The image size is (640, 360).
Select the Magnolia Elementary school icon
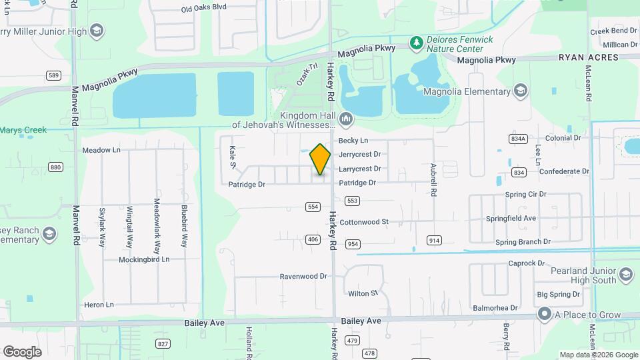click(520, 91)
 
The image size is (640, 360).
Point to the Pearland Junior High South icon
click(625, 275)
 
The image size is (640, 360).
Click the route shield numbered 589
click(54, 75)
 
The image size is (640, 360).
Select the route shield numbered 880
click(55, 167)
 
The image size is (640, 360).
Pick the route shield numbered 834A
click(517, 139)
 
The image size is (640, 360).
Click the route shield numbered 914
click(434, 240)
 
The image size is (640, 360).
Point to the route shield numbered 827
click(163, 343)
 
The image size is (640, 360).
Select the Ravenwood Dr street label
click(303, 276)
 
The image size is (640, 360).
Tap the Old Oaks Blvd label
click(204, 8)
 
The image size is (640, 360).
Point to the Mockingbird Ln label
click(145, 259)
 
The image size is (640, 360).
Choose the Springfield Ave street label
click(530, 218)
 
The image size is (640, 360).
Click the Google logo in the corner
click(22, 351)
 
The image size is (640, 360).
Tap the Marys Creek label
click(23, 130)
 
